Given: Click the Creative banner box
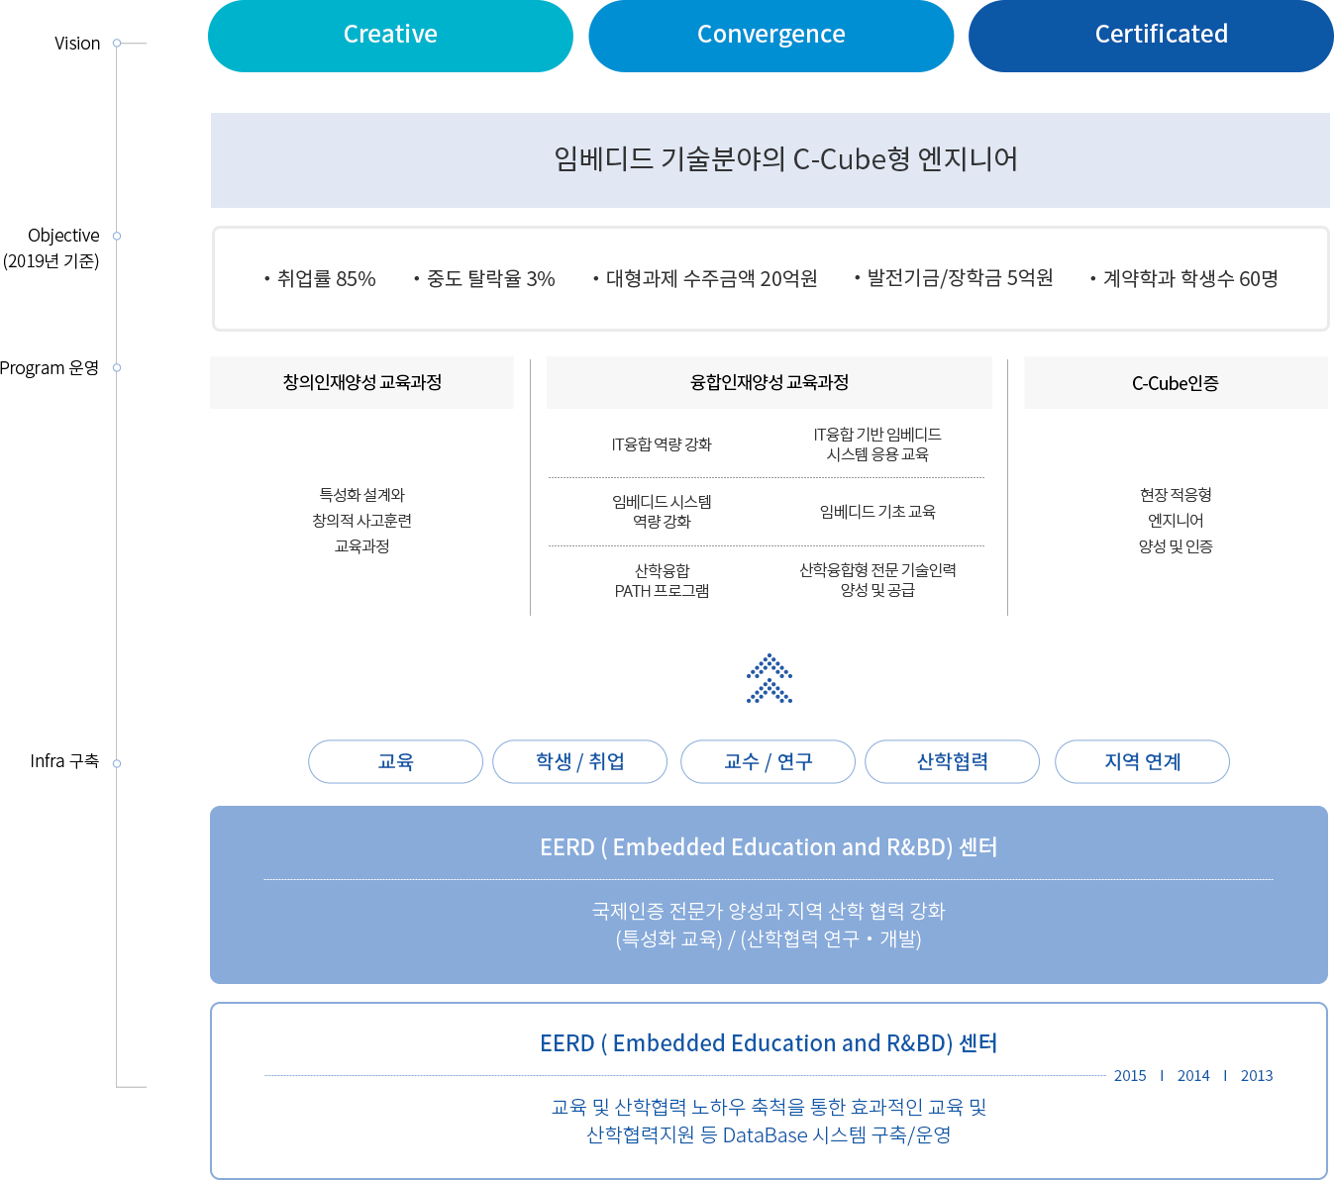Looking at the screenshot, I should (390, 36).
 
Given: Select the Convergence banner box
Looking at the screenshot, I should (770, 36).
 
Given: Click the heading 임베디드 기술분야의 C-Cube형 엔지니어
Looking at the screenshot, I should (785, 159).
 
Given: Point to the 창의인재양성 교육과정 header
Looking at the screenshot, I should (361, 383).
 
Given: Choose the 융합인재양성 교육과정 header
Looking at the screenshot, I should (770, 383).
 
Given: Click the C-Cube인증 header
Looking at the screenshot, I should (1175, 383).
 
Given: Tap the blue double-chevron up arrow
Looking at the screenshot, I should (770, 678).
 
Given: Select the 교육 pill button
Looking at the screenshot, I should (395, 761).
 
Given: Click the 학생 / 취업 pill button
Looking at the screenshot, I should (579, 761).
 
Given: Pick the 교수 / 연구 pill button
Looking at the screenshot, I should (768, 761).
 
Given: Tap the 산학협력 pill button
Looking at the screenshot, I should (952, 761).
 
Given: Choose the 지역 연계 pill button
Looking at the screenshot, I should (1142, 761).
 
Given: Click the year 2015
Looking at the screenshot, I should (1130, 1076).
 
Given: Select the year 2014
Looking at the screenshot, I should (1193, 1076).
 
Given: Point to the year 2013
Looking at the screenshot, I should (1257, 1076).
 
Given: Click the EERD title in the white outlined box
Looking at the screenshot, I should (769, 1043).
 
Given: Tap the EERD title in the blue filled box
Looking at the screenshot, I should (769, 847).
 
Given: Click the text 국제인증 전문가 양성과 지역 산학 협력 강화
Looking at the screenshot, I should (769, 911).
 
